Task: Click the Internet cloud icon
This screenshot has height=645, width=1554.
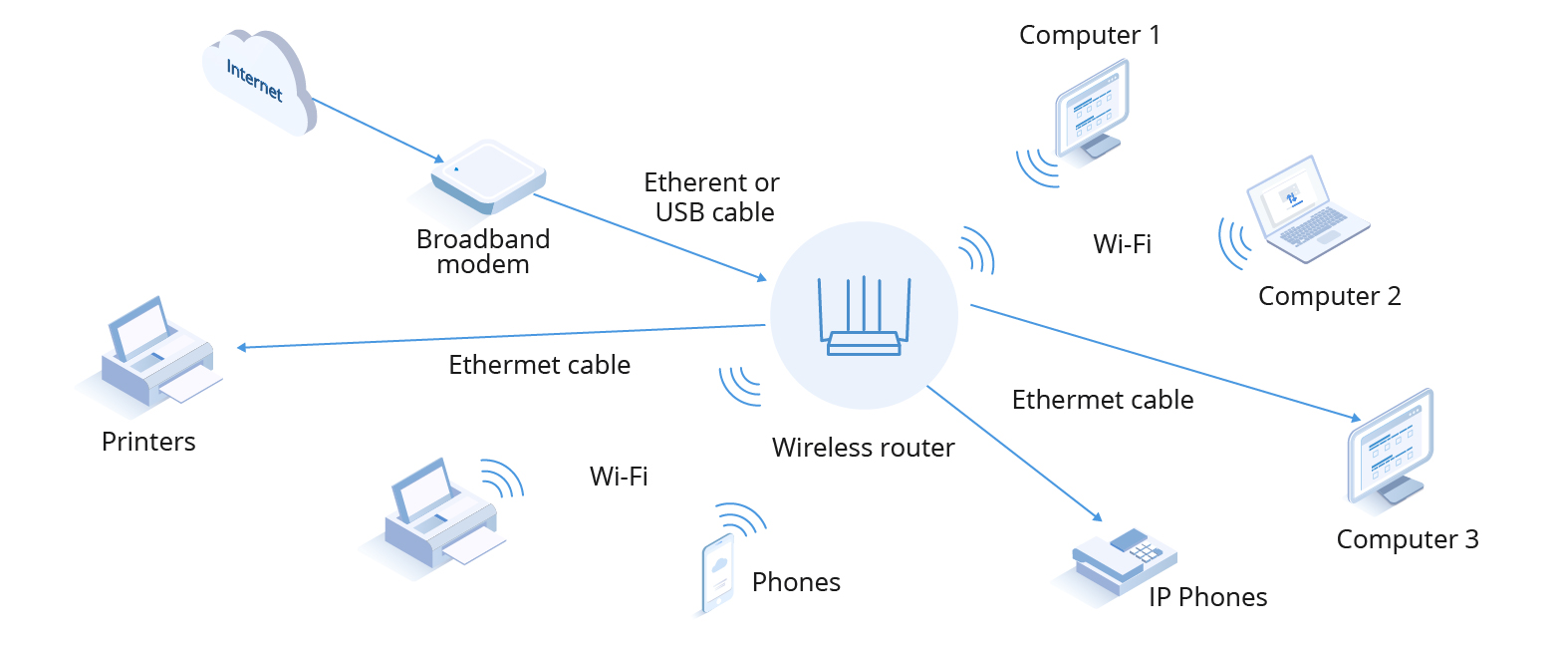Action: click(257, 82)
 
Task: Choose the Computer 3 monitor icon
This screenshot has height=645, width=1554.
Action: click(1393, 447)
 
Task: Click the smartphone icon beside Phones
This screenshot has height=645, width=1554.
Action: click(717, 574)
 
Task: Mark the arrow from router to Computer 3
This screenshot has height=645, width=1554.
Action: click(1165, 361)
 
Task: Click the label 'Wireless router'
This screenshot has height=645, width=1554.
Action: click(863, 448)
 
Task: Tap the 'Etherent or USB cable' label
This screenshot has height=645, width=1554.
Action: click(711, 197)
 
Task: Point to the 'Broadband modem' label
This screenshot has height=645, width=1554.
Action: click(483, 252)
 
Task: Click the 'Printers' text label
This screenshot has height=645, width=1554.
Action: click(148, 442)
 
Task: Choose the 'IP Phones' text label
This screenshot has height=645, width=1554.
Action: click(1207, 597)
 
